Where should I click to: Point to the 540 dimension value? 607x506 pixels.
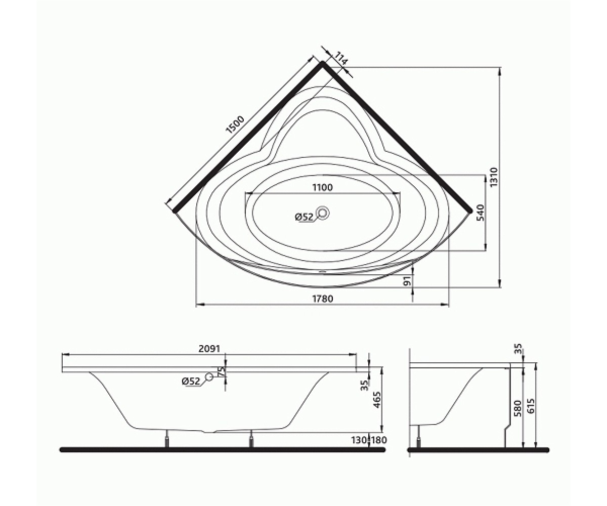point(480,213)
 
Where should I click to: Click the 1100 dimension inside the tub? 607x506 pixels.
point(322,188)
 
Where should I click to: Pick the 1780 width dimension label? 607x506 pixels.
point(322,299)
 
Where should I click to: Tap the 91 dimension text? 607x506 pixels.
point(407,281)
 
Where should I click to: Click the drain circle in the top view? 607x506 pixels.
point(322,213)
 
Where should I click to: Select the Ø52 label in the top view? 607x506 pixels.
point(304,217)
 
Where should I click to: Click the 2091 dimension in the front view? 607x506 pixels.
point(209,349)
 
